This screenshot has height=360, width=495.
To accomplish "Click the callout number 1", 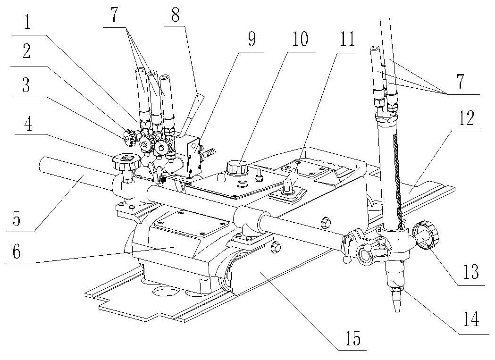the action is (27, 23).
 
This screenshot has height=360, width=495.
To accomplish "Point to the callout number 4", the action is (28, 124).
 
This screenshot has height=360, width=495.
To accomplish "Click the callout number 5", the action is (17, 218).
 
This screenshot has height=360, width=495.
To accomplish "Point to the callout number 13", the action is (471, 271).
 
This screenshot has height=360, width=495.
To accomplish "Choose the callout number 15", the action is (352, 338).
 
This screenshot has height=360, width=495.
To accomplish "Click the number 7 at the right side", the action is (461, 81).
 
